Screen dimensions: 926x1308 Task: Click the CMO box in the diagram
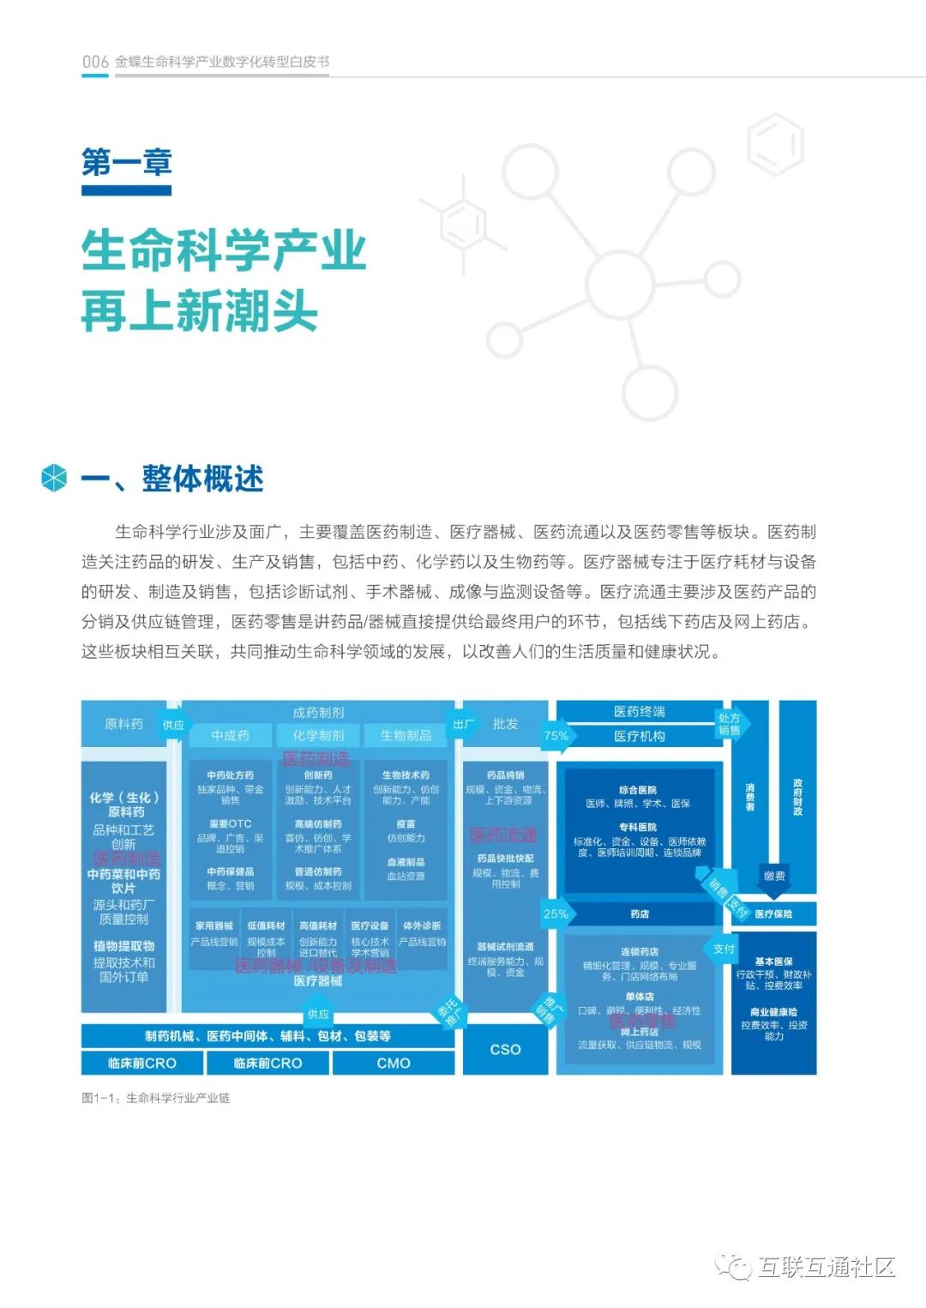click(394, 1063)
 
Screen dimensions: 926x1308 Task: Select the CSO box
click(505, 1049)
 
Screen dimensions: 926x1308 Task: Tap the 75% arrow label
click(556, 735)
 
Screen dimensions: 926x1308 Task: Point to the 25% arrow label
click(556, 913)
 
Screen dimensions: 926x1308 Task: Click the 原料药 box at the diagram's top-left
click(123, 724)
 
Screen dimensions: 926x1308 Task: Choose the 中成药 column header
click(230, 735)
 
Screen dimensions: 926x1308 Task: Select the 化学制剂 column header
click(318, 735)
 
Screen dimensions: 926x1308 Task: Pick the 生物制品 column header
click(406, 735)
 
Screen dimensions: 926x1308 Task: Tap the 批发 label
click(505, 724)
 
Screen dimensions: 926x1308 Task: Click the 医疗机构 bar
click(640, 736)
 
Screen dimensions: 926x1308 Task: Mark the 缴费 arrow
click(774, 876)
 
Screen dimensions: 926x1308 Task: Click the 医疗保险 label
click(773, 913)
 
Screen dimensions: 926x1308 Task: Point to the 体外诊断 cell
click(422, 925)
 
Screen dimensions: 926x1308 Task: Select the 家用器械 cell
click(214, 925)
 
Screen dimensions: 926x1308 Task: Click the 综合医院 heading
click(638, 789)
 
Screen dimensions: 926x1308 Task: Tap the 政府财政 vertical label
click(797, 797)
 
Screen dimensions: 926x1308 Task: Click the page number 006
click(95, 62)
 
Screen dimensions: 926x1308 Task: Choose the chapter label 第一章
click(127, 162)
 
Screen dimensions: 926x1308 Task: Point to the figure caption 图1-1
click(155, 1098)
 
